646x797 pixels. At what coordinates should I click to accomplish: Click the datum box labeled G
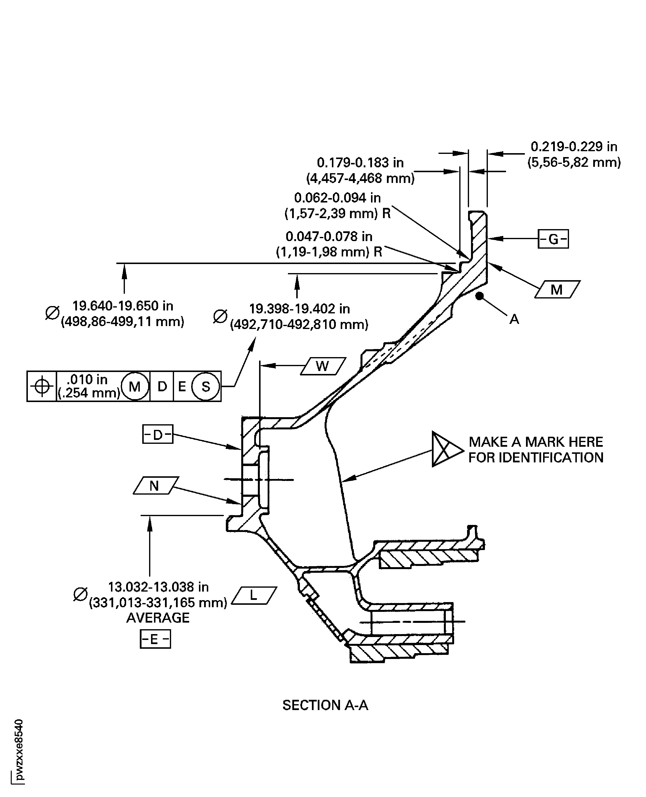553,239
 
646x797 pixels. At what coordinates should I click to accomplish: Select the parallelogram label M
557,289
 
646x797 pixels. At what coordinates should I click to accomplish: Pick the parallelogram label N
155,486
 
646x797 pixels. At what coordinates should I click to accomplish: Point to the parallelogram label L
254,595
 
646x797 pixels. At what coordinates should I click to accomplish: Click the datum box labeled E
155,639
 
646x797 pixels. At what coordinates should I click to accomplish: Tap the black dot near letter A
480,296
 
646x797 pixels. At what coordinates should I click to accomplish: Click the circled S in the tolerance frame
206,386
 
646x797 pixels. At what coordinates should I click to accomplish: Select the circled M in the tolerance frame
135,386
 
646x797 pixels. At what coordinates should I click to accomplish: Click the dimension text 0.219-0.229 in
573,147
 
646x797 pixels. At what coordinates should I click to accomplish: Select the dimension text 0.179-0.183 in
360,162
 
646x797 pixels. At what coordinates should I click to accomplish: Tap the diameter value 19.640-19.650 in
122,306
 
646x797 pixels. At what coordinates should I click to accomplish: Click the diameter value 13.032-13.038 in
158,587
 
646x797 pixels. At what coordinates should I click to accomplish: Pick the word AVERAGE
158,618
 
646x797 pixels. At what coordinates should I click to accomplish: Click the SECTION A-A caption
325,705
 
